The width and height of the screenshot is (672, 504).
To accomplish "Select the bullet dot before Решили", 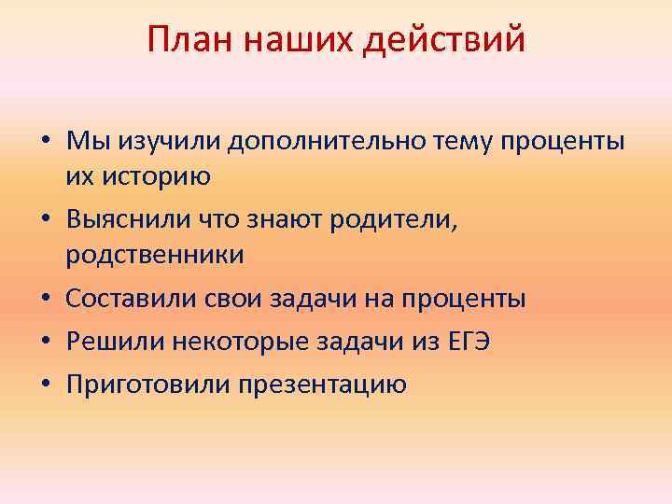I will (x=45, y=343).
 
